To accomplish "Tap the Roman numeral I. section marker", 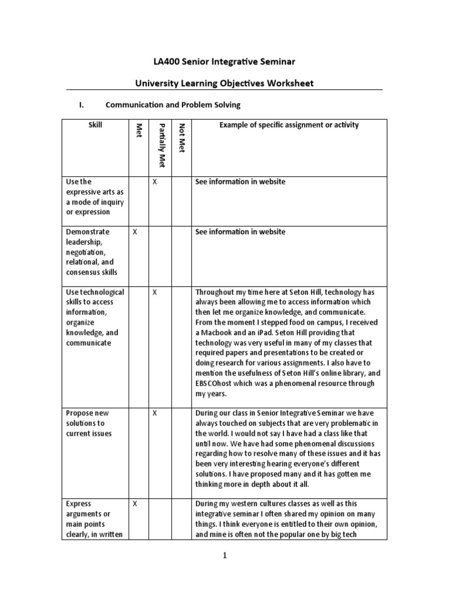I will click(82, 105).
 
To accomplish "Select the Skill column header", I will click(95, 125).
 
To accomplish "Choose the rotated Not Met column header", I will click(181, 135).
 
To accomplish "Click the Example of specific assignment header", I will click(289, 125).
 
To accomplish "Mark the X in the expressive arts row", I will click(155, 182).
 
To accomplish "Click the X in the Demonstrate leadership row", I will click(135, 232).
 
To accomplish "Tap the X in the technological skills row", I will click(155, 292).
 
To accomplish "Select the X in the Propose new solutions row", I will click(155, 413).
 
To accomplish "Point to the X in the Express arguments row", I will click(135, 503).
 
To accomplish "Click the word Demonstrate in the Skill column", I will click(88, 232).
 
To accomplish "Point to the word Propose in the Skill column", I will click(80, 413).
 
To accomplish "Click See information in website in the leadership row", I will click(240, 232).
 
